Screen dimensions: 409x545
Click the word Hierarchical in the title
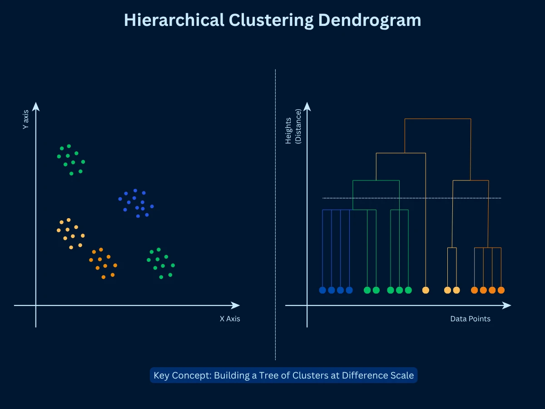pos(174,20)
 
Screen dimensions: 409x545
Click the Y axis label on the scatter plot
pos(26,120)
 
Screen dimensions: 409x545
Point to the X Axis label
pos(230,319)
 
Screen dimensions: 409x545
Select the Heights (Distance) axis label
pos(293,127)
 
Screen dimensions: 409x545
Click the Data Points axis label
pos(470,319)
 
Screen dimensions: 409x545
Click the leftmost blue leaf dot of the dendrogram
pos(322,290)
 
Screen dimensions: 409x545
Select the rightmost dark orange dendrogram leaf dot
pos(501,290)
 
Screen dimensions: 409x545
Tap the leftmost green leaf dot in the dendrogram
pos(367,290)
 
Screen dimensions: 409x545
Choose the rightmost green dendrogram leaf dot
pos(408,290)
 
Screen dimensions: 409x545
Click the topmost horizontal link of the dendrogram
pos(437,119)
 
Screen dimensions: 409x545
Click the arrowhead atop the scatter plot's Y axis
pos(36,107)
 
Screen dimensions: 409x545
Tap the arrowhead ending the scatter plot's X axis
pos(235,305)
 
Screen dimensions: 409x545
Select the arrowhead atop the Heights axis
pos(307,107)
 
